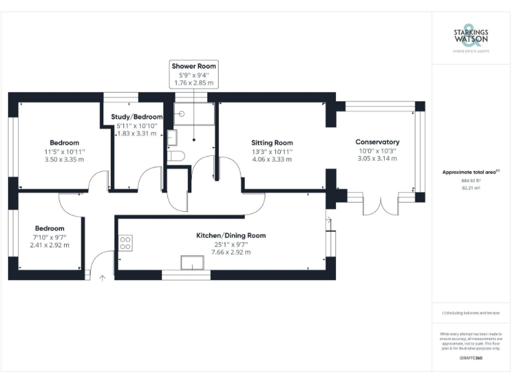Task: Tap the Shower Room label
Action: tap(194, 66)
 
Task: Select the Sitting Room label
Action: tap(272, 143)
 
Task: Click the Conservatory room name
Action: tap(377, 142)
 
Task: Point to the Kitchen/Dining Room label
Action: tap(231, 235)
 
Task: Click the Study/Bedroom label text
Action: tap(137, 117)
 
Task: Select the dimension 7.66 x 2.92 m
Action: tap(231, 252)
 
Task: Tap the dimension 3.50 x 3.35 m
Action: tap(65, 160)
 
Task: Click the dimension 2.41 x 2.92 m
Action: tap(49, 245)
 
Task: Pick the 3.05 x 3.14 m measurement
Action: tap(377, 159)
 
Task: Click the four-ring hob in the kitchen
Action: tap(125, 243)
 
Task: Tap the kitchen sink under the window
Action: tap(194, 263)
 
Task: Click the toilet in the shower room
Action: tap(176, 157)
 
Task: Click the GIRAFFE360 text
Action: tap(471, 358)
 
